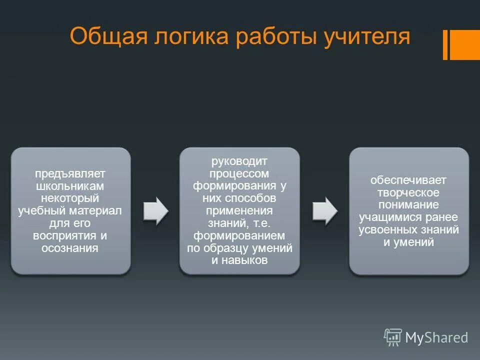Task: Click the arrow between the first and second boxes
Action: pos(155,210)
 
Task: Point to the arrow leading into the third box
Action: pos(324,210)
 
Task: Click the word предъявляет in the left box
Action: pos(70,173)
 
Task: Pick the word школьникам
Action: pos(70,185)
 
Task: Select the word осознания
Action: pos(70,247)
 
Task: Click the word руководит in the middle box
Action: pos(239,161)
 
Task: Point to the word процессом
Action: pos(239,173)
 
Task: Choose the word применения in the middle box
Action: pos(239,210)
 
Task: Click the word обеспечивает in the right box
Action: pos(408,180)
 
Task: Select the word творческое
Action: pos(408,192)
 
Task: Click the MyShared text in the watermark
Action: pos(436,338)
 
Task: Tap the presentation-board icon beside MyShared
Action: pos(392,337)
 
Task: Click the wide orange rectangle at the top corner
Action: pos(465,44)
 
